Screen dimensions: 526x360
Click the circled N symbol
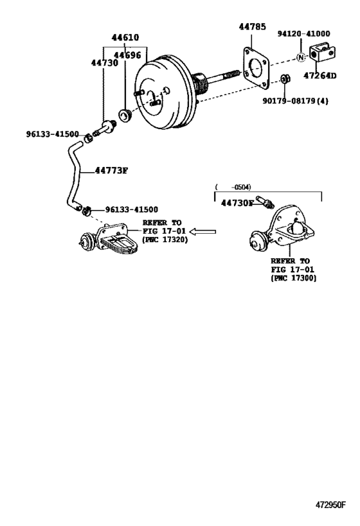[x=300, y=58]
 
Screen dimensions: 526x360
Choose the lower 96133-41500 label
[x=131, y=209]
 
